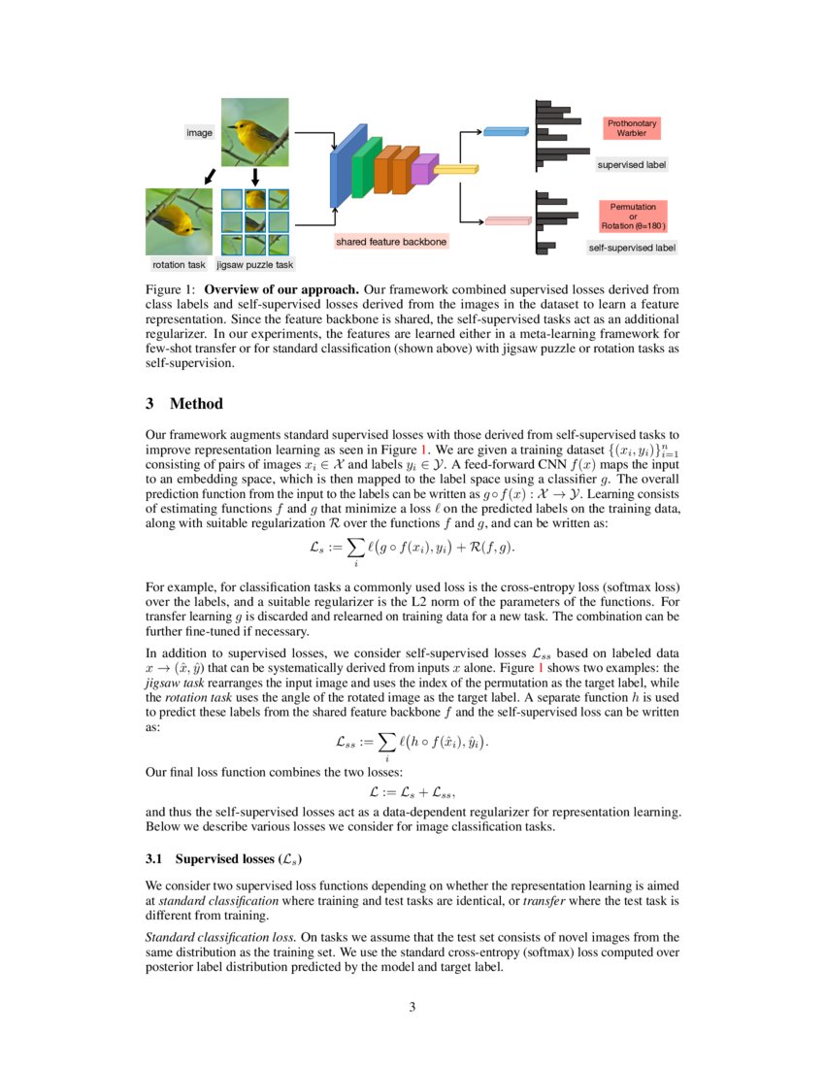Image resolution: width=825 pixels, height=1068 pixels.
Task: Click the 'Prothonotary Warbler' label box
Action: tap(632, 128)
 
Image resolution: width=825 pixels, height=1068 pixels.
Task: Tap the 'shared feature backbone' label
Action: tap(391, 241)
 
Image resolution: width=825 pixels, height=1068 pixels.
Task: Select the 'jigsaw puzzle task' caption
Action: tap(254, 264)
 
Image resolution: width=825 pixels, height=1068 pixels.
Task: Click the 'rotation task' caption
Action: tap(179, 264)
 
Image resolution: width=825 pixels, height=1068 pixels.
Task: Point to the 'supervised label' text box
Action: tap(631, 165)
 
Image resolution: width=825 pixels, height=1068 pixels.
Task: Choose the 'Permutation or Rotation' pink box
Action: tap(633, 216)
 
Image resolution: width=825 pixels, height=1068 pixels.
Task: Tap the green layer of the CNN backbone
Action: tap(361, 168)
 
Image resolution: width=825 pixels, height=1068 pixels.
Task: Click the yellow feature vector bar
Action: tap(455, 170)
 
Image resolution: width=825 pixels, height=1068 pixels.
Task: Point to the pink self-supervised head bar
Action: tap(506, 220)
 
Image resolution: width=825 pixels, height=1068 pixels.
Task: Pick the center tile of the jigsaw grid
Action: tap(254, 222)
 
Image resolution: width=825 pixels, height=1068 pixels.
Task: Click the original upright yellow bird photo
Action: tap(254, 132)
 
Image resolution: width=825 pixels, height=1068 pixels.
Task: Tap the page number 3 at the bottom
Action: tap(412, 1006)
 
